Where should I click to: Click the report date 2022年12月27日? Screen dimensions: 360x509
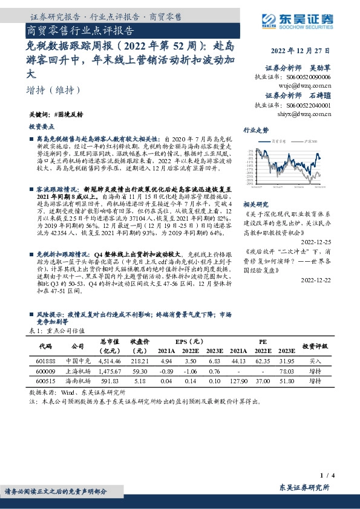[x=303, y=51]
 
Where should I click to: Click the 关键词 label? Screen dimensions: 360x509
[x=38, y=114]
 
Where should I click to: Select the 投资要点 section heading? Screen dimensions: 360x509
[x=41, y=127]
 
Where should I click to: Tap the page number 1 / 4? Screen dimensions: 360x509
[x=340, y=477]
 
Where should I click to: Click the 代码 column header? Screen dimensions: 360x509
[x=45, y=346]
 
